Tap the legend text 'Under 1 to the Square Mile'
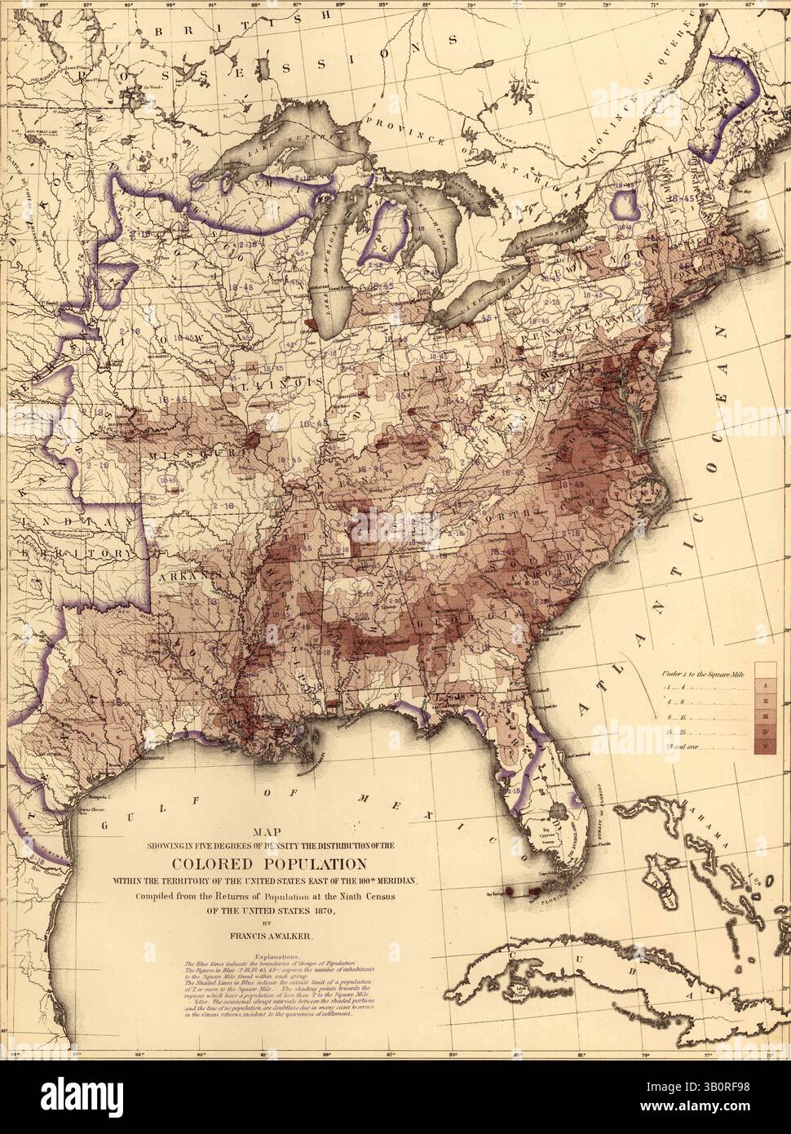click(x=702, y=674)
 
